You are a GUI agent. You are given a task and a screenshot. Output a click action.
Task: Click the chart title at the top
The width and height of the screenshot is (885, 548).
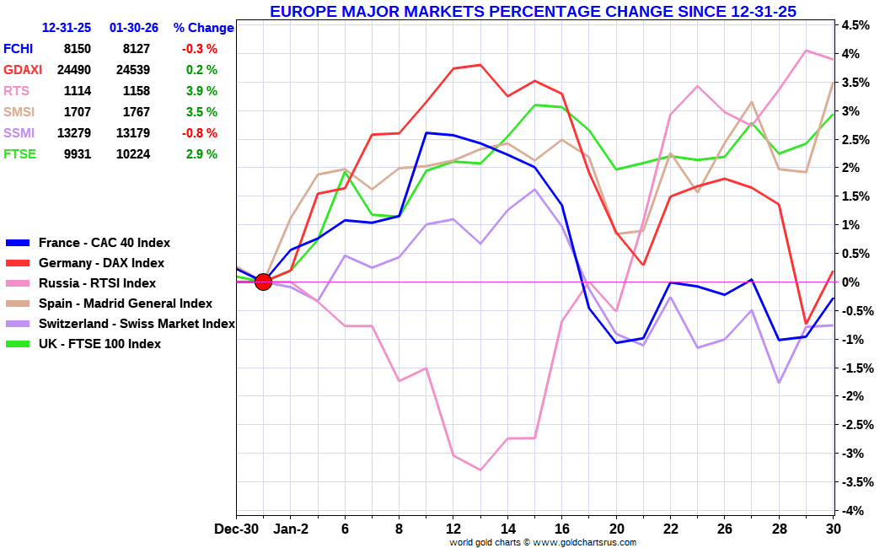533,11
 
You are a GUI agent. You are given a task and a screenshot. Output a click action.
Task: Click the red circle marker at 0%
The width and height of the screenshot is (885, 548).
263,282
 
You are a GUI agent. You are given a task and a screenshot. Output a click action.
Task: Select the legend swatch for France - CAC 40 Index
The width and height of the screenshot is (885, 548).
18,243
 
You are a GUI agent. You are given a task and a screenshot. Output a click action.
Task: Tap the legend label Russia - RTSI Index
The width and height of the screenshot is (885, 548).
97,283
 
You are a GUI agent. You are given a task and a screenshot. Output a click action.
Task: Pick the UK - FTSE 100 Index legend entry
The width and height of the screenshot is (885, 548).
100,344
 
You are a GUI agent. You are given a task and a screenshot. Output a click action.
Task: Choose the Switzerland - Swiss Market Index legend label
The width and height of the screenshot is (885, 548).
137,324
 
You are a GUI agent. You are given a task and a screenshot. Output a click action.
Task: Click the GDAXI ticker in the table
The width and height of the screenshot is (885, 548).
23,70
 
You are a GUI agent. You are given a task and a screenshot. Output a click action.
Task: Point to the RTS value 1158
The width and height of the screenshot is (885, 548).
137,91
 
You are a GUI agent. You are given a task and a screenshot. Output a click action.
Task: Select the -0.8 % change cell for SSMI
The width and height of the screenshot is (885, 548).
199,133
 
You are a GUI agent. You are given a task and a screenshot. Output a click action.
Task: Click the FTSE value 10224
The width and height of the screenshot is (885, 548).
133,154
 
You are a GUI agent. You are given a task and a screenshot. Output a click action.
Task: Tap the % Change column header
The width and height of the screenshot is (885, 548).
203,28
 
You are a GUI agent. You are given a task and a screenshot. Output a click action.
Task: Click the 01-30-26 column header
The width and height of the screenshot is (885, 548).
134,28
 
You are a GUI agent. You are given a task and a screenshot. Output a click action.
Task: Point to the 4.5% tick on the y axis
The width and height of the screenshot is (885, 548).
855,24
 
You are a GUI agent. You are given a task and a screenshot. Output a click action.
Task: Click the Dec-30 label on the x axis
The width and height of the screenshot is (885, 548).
237,529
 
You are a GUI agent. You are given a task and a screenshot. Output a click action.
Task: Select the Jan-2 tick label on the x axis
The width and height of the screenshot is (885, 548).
291,529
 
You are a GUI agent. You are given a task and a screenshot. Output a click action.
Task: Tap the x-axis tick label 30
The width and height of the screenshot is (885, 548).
833,529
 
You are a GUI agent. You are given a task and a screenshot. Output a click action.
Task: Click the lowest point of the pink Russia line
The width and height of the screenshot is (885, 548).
480,470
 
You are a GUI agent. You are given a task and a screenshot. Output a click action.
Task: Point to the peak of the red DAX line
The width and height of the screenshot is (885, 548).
480,65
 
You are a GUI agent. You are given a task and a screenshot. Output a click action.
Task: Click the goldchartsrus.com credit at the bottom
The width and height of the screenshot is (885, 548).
543,542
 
